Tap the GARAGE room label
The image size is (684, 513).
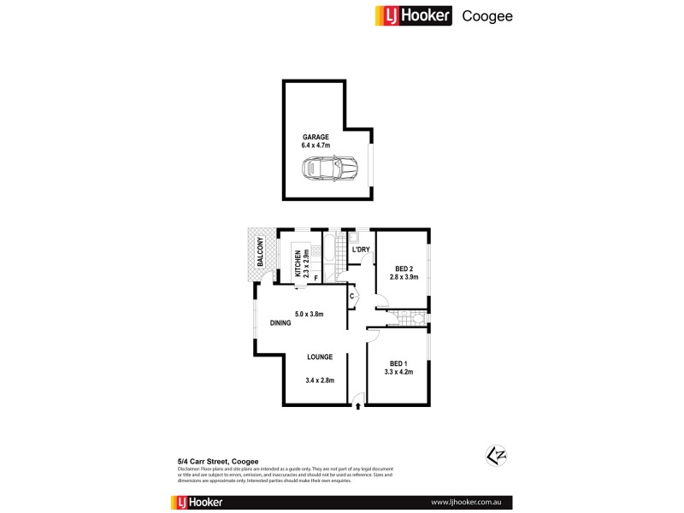tap(315, 137)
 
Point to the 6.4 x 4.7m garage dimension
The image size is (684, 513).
tap(315, 146)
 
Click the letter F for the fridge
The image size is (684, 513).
tap(315, 277)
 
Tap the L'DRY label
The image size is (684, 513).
tap(361, 250)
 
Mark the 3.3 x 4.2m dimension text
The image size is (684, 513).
tap(398, 372)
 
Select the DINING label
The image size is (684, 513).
tap(280, 323)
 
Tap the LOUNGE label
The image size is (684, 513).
tap(320, 357)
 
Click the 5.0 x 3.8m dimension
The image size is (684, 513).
tap(311, 313)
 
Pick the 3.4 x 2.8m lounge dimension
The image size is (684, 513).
tap(320, 380)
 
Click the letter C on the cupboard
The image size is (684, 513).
tap(351, 297)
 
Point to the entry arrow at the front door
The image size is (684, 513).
tap(357, 406)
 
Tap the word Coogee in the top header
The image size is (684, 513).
tap(487, 15)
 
